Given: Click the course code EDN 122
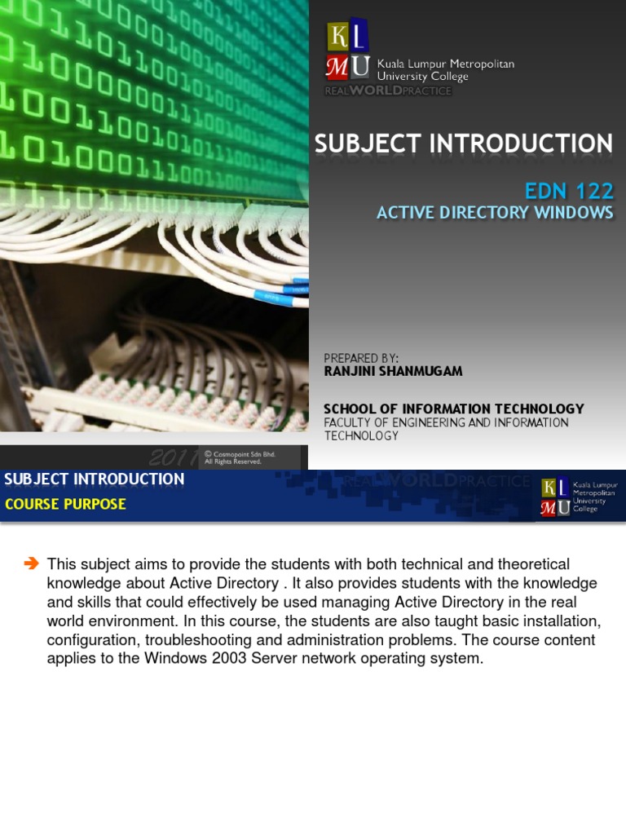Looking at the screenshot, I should pyautogui.click(x=569, y=192).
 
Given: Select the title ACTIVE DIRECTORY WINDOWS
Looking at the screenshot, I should pyautogui.click(x=494, y=213).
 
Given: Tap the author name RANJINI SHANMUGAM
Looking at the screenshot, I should pyautogui.click(x=393, y=371).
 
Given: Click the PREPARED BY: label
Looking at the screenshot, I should pyautogui.click(x=361, y=358).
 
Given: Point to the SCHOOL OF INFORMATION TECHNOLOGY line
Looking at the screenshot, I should pyautogui.click(x=454, y=409).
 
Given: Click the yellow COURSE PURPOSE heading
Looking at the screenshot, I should pyautogui.click(x=65, y=504).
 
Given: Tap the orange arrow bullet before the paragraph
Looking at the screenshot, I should pyautogui.click(x=32, y=563).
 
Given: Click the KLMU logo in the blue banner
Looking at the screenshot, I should pyautogui.click(x=554, y=497).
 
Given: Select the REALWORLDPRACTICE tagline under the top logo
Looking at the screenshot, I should pyautogui.click(x=387, y=91).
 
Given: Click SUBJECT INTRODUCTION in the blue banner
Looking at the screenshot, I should pyautogui.click(x=95, y=479).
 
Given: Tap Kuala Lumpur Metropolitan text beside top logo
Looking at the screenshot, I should pyautogui.click(x=445, y=64).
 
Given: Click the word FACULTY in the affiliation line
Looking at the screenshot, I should pyautogui.click(x=351, y=422).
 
